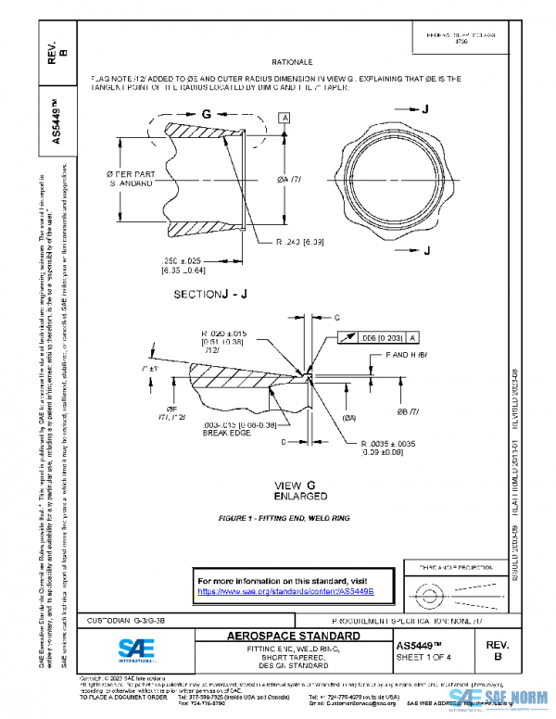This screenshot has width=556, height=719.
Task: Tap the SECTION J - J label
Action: pyautogui.click(x=211, y=294)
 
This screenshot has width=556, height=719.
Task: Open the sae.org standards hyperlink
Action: pyautogui.click(x=284, y=590)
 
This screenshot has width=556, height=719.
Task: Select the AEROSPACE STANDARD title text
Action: pyautogui.click(x=294, y=637)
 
